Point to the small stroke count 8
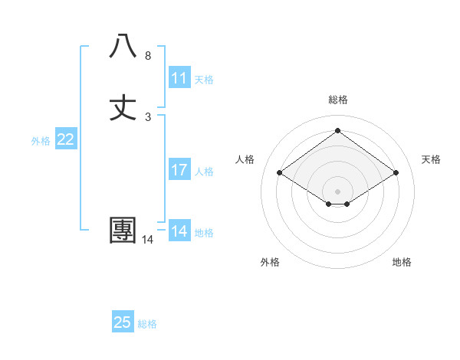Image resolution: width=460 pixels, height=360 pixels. coord(147,56)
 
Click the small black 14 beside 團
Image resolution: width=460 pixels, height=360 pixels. coord(147,240)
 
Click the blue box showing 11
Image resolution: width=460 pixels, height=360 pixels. coord(179,78)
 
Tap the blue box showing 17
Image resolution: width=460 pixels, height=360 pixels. coord(179,170)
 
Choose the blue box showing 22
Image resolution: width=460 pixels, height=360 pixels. coord(66,139)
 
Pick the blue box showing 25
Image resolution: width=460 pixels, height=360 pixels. coord(123,322)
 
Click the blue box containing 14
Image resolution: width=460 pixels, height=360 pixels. coord(179,231)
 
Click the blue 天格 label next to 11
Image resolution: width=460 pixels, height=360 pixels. coord(204,80)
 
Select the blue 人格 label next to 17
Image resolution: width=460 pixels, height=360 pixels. coord(204,172)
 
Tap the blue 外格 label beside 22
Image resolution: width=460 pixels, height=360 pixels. coord(41,141)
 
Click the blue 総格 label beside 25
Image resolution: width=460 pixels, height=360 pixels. coord(147,324)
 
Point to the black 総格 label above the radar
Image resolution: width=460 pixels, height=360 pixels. coord(338,100)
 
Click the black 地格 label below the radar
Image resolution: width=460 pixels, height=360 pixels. coord(402,263)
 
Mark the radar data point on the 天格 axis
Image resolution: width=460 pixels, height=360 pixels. coord(396,173)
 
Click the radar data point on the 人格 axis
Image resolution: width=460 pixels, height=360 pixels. coord(280,173)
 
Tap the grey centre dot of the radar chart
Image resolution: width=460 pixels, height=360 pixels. coord(338,191)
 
